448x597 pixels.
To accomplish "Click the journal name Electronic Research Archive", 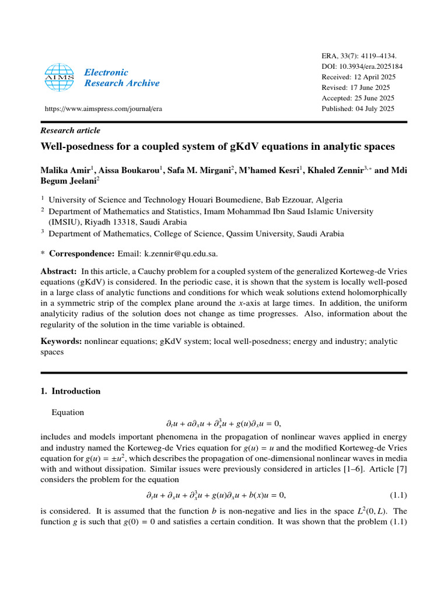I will pyautogui.click(x=121, y=78).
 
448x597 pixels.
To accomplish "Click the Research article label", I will pyautogui.click(x=70, y=131).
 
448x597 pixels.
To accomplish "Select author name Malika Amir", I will pyautogui.click(x=64, y=170).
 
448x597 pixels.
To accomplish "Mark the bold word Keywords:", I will pyautogui.click(x=61, y=342).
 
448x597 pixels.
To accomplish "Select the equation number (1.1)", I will pyautogui.click(x=397, y=496).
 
